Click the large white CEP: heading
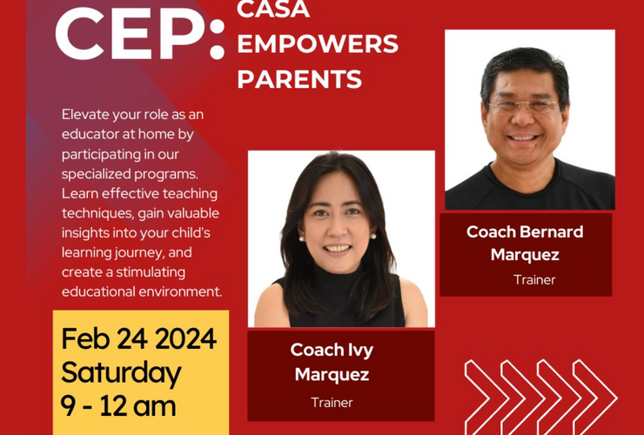tap(140, 34)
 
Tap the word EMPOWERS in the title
tap(318, 44)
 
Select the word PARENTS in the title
tap(299, 79)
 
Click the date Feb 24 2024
tap(139, 339)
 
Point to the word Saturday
tap(121, 373)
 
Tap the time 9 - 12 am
tap(118, 405)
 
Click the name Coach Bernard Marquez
tap(525, 244)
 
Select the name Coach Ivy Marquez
tap(332, 361)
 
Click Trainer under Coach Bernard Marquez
tap(534, 280)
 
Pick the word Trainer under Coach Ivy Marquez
tap(332, 402)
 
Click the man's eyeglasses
tap(523, 105)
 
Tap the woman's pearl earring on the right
tap(373, 236)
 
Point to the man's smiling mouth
tap(522, 138)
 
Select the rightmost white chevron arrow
tap(595, 398)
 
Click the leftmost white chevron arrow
tap(487, 398)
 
